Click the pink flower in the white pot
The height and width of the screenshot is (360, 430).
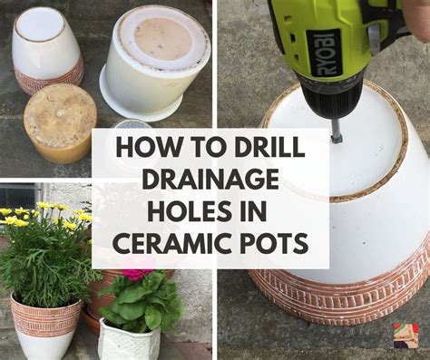point(138,272)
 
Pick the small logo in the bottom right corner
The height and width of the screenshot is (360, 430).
point(406,336)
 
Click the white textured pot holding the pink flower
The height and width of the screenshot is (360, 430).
point(130,340)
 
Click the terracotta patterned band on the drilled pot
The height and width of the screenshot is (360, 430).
point(345,290)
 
